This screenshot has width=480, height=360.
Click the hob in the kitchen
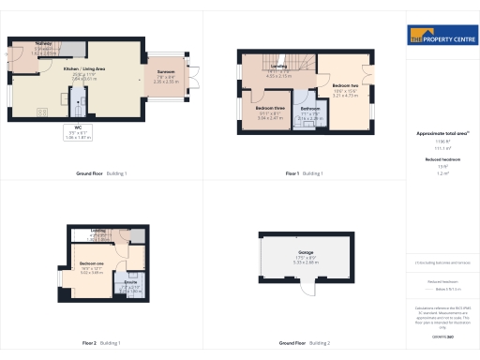click(x=43, y=112)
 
